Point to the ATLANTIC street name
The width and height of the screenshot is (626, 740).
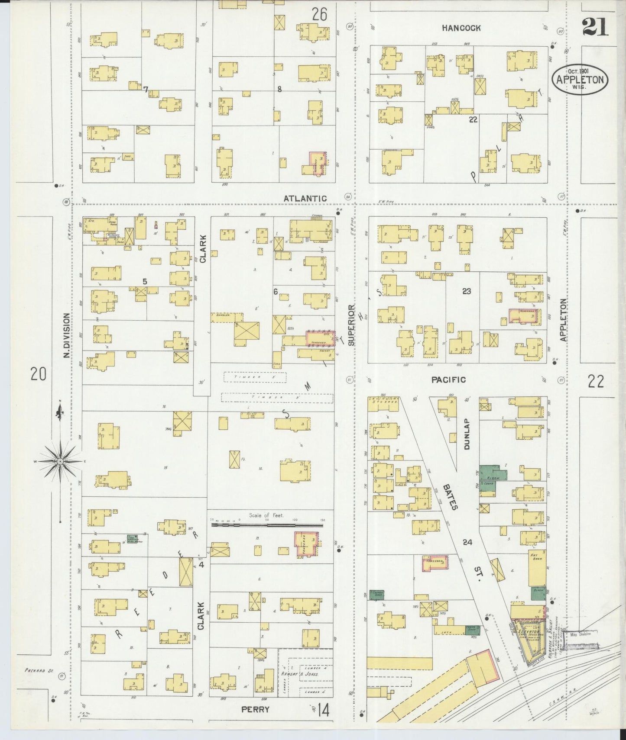pos(305,198)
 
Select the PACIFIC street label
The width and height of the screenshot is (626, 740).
pos(448,380)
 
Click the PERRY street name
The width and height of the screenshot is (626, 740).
pos(255,709)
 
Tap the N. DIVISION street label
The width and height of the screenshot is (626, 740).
pos(66,335)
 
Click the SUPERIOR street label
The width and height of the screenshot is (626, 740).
pos(351,325)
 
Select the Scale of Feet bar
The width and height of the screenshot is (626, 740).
pos(267,524)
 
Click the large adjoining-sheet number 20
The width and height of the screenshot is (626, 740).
pos(38,373)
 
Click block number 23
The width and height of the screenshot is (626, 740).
pos(466,291)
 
